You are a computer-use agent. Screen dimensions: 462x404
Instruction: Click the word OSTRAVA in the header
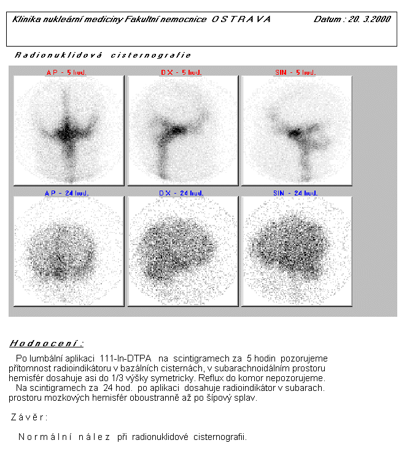click(x=241, y=19)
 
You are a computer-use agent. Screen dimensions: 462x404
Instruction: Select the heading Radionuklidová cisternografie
click(x=103, y=55)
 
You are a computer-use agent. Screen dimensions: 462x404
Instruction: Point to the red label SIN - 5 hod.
click(x=295, y=72)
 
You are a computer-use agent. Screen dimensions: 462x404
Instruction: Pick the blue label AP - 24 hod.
click(x=67, y=193)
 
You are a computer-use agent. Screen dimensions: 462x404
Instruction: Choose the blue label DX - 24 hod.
click(x=181, y=193)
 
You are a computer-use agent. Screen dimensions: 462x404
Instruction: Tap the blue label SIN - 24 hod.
click(x=295, y=193)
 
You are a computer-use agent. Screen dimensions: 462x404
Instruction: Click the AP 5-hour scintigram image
click(x=68, y=130)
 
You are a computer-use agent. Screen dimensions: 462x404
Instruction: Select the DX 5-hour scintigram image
click(x=182, y=130)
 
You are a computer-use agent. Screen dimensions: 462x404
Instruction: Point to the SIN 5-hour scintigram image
click(x=297, y=130)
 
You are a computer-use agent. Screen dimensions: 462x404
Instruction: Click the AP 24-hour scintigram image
click(x=68, y=251)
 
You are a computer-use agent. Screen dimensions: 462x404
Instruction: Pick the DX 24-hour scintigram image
click(x=182, y=251)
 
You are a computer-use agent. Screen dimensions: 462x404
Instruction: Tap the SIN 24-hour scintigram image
click(x=297, y=251)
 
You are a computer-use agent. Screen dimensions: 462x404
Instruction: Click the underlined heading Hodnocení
click(x=47, y=343)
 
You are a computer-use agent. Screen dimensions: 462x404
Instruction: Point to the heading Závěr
click(x=29, y=417)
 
